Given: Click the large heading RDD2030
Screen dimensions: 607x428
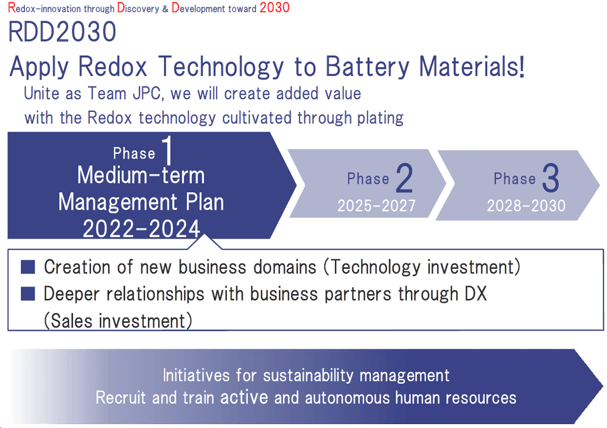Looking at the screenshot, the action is point(62,32).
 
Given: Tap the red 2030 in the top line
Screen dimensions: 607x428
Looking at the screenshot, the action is point(275,7).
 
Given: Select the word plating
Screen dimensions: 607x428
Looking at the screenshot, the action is point(380,118).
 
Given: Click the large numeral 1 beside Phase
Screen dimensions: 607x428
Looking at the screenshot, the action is point(168,150).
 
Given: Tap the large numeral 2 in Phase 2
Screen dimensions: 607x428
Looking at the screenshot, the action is point(404,178).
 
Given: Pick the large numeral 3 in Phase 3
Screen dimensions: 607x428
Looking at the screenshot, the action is point(551,178).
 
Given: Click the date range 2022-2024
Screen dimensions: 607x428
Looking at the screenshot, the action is point(142,229).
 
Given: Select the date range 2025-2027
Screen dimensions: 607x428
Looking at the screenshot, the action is point(376,206).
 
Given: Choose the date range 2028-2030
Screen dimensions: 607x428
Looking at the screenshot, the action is point(526,206).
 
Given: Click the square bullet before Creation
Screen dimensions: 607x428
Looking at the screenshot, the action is point(28,267).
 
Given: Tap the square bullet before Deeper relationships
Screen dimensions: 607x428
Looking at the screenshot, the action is point(28,294).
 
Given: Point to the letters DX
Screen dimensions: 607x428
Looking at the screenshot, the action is point(476,293).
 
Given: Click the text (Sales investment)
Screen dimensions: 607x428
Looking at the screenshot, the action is point(118,321).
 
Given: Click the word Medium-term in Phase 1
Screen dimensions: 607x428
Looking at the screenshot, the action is point(141,176).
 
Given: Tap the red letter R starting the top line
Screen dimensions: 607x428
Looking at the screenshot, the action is point(12,8).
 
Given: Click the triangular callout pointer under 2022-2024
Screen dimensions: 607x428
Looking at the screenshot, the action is point(204,241).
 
